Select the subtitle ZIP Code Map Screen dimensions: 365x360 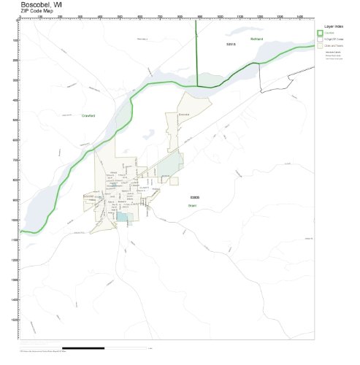tap(37, 12)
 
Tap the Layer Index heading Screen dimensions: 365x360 tap(334, 26)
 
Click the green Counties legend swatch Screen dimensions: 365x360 tap(320, 33)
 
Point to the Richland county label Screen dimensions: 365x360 tap(256, 39)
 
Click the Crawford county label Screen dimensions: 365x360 tap(88, 115)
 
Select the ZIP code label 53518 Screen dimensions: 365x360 tap(231, 45)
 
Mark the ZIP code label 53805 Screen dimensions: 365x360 tap(194, 197)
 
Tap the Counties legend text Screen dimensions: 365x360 tap(330, 33)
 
